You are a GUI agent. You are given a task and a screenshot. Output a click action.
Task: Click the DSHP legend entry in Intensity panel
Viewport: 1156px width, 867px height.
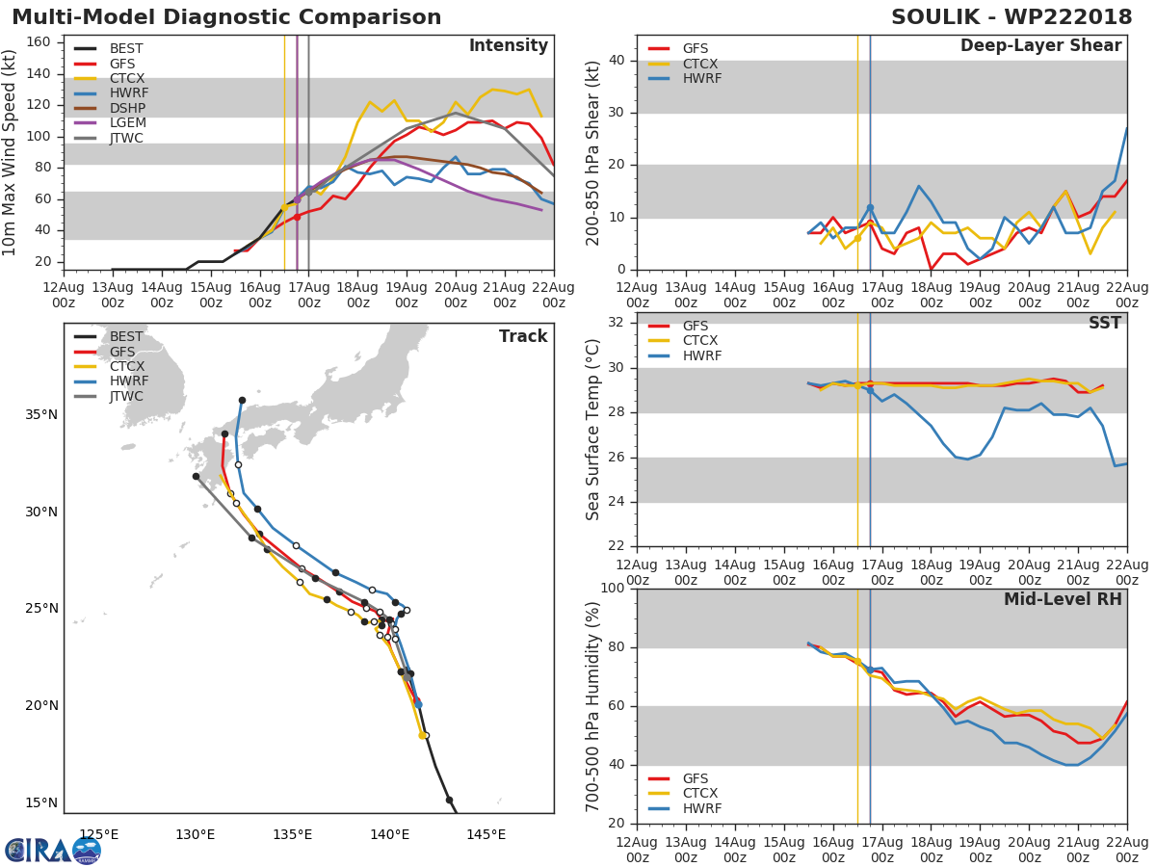110,108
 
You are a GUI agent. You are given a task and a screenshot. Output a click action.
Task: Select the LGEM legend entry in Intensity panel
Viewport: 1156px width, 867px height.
110,122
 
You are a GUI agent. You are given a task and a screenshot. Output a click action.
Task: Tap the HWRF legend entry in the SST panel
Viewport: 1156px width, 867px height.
685,355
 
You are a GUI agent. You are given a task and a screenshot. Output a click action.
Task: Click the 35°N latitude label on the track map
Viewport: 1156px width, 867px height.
41,415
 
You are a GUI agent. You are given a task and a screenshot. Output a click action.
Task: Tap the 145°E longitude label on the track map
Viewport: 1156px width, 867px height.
486,834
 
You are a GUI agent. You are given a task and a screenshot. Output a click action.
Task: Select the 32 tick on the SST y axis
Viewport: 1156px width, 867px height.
617,322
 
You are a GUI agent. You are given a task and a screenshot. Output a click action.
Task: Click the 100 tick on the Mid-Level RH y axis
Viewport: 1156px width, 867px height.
613,588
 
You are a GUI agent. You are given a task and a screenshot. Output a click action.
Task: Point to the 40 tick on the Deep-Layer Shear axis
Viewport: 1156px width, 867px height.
617,60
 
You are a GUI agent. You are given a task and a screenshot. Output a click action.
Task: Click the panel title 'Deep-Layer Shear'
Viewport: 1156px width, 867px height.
1040,46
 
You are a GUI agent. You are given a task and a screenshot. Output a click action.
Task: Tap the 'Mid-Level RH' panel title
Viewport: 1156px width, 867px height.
1063,599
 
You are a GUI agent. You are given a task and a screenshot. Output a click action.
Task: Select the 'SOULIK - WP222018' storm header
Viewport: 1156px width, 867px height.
1011,16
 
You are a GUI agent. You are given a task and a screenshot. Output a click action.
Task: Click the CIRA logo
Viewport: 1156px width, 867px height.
53,851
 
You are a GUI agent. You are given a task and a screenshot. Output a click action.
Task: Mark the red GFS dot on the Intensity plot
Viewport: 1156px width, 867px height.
297,217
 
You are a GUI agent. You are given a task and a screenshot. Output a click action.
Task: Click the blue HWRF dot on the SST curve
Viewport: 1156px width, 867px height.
870,390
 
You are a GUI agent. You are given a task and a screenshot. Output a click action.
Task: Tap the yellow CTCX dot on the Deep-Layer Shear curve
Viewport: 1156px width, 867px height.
857,239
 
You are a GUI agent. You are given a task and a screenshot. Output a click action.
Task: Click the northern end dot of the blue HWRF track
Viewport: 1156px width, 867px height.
242,401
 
